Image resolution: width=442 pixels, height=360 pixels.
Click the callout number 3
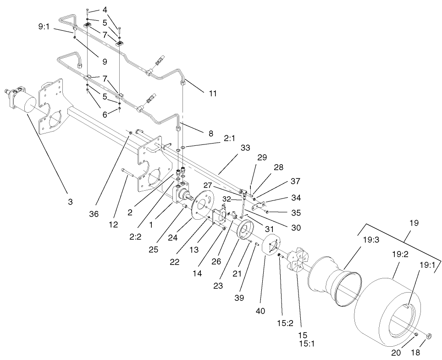pos(70,201)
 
